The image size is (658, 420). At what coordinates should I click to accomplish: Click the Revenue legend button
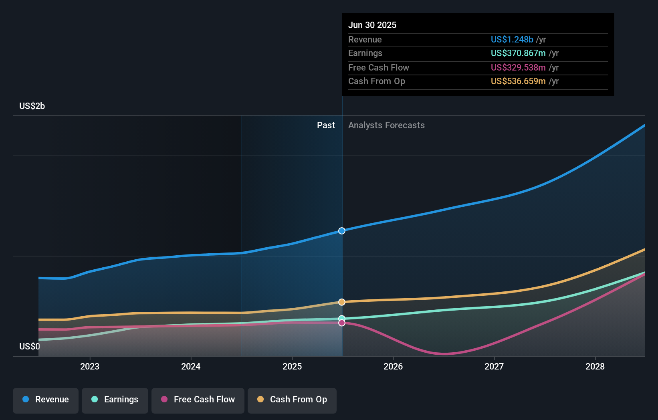point(46,400)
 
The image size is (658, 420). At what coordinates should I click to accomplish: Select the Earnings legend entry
point(115,400)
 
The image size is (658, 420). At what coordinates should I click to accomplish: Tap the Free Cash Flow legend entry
point(198,400)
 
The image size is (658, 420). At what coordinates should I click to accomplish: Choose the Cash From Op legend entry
point(292,400)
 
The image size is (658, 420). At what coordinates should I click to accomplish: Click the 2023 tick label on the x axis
point(90,366)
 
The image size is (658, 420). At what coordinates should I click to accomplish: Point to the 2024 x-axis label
point(191,366)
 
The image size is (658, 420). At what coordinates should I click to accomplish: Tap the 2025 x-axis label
point(292,366)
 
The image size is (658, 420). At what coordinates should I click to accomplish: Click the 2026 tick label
point(393,366)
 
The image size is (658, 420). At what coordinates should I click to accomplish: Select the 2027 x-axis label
point(494,366)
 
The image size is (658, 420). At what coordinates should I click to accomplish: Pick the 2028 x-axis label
point(595,366)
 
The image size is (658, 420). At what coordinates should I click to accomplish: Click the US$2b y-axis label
point(32,106)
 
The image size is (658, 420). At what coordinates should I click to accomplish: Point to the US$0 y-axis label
point(30,346)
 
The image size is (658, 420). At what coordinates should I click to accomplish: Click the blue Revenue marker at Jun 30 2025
point(342,231)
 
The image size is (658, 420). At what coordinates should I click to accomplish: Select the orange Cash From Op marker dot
point(342,302)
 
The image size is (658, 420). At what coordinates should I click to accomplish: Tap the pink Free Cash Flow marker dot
point(342,323)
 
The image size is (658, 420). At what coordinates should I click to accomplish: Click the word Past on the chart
point(326,125)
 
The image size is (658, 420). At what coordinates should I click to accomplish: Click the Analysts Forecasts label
point(386,125)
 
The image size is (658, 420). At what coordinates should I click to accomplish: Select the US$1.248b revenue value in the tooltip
point(512,40)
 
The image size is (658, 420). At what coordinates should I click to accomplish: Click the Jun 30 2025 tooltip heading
point(372,25)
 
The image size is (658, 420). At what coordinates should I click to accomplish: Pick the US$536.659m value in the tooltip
point(518,81)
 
